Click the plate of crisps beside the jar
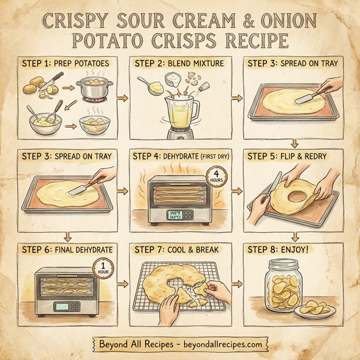coord(319,310)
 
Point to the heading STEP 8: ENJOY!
coord(277,249)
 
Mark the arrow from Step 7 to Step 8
coord(236,282)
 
